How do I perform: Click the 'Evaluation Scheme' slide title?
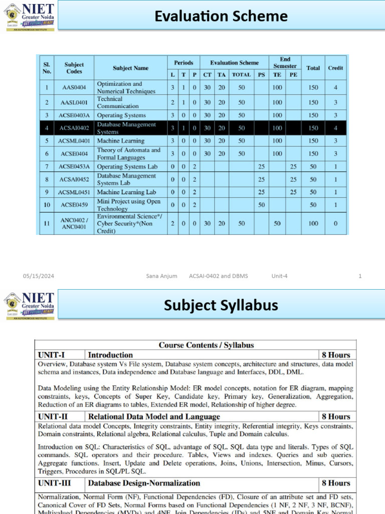click(221, 17)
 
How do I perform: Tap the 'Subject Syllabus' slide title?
click(221, 305)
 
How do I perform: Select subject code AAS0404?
click(74, 87)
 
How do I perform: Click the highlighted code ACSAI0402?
click(74, 128)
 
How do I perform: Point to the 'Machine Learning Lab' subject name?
click(126, 192)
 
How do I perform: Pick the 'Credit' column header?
click(335, 68)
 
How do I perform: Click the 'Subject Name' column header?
click(130, 68)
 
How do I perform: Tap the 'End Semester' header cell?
click(285, 63)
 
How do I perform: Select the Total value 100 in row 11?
click(313, 223)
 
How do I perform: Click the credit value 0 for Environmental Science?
click(335, 223)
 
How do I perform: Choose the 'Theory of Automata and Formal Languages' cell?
click(129, 154)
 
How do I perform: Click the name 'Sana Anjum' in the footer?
click(161, 276)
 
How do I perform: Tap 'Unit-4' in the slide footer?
click(279, 276)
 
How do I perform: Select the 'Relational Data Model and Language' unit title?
click(154, 417)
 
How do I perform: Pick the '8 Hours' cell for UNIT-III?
click(336, 483)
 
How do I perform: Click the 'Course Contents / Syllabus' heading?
click(206, 345)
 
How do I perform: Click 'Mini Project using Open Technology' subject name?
click(129, 205)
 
